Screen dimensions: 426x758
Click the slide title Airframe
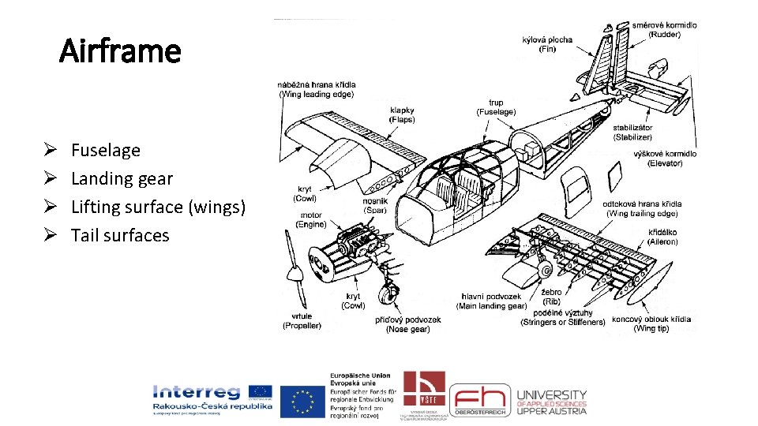tap(121, 52)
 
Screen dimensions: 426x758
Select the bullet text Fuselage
tap(106, 150)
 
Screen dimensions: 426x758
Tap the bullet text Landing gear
tap(122, 178)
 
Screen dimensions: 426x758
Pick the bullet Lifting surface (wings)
tap(158, 207)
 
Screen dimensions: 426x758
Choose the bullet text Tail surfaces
tap(120, 235)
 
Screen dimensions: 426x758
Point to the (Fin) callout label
tap(547, 49)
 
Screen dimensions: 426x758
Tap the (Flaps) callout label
tap(402, 120)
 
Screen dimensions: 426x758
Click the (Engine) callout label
tap(311, 224)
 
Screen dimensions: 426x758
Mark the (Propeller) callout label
tap(302, 325)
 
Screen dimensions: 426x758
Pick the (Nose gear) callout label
tap(408, 329)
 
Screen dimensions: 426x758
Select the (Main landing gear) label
tap(493, 306)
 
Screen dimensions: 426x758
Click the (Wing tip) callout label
tap(651, 329)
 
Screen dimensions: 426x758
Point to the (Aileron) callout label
tap(663, 242)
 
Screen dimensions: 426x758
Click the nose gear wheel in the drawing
tap(387, 296)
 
